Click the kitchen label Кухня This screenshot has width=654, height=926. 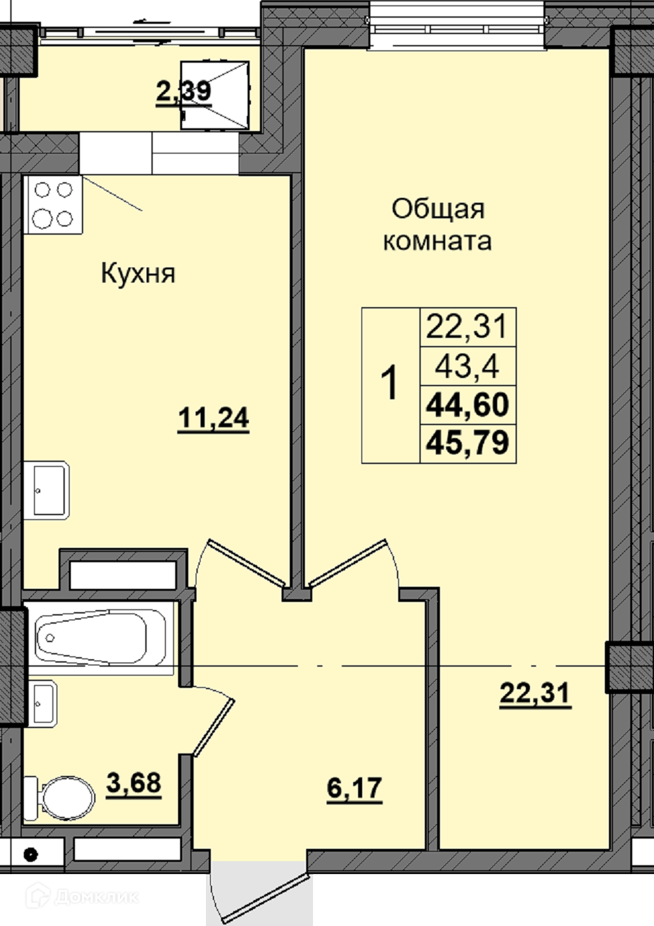138,274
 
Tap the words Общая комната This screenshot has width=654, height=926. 438,225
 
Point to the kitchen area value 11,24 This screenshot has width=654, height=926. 213,419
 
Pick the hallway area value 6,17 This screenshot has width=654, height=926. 355,788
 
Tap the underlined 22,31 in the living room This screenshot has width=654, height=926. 535,693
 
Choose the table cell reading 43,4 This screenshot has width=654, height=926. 468,367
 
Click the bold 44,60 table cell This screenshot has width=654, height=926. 468,405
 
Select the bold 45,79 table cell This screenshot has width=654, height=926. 468,444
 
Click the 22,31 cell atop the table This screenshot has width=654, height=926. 468,327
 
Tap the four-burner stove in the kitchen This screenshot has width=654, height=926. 53,204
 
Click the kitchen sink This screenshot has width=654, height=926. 46,490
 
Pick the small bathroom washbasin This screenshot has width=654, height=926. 41,704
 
